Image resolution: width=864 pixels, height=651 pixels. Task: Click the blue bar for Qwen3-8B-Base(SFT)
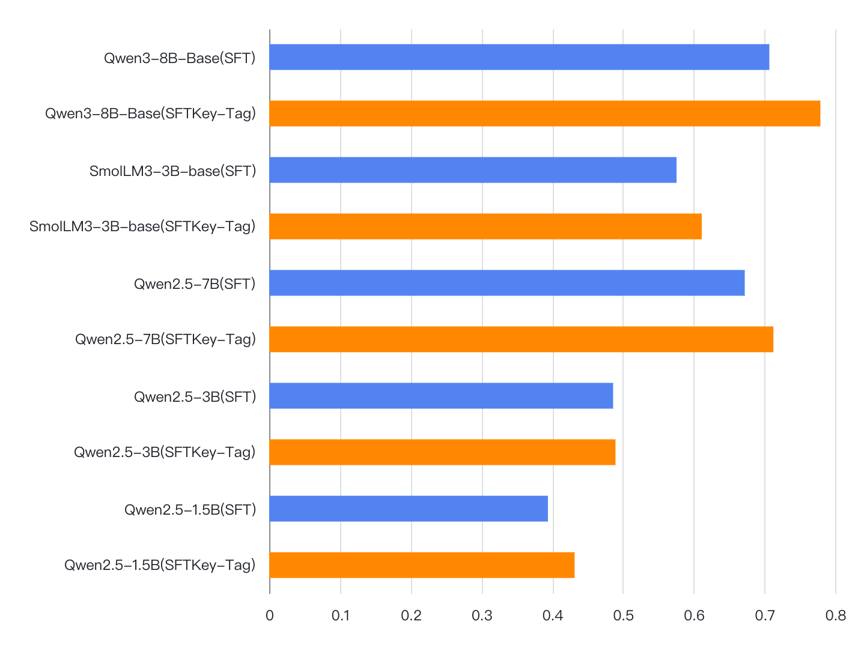tap(519, 57)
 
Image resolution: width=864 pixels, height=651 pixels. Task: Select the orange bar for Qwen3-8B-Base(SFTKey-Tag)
tap(544, 114)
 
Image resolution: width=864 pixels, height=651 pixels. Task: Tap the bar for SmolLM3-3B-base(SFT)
tap(473, 170)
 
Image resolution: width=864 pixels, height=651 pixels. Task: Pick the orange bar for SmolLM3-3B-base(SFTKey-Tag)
tap(485, 226)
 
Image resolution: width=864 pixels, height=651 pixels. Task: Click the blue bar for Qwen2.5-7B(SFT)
tap(507, 283)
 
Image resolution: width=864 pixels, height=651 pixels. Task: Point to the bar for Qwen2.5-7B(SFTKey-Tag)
tap(521, 339)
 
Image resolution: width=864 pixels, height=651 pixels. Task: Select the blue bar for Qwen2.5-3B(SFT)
tap(441, 396)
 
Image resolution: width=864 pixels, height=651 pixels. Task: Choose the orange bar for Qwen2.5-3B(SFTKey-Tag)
tap(442, 452)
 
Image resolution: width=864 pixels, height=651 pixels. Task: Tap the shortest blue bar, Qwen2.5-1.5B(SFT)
tap(409, 509)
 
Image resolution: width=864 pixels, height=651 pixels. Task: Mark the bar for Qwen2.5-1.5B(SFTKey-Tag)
tap(422, 565)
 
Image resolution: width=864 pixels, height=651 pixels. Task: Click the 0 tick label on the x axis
tap(270, 616)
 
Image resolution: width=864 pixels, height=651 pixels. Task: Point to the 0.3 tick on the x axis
tap(482, 616)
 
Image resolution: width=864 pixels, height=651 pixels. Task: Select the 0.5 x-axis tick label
tap(623, 616)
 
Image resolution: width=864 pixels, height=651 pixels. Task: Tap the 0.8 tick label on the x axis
tap(835, 616)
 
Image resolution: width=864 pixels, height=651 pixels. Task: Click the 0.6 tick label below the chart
tap(694, 616)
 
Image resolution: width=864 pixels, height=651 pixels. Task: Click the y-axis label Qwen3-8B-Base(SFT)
tap(180, 58)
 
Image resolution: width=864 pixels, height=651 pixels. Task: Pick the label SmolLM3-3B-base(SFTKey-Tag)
tap(142, 226)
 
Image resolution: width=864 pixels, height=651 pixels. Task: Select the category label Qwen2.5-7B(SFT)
tap(195, 283)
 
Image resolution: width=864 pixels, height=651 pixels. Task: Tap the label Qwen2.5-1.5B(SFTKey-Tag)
tap(160, 565)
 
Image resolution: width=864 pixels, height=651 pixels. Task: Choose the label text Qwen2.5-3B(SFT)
tap(195, 396)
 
